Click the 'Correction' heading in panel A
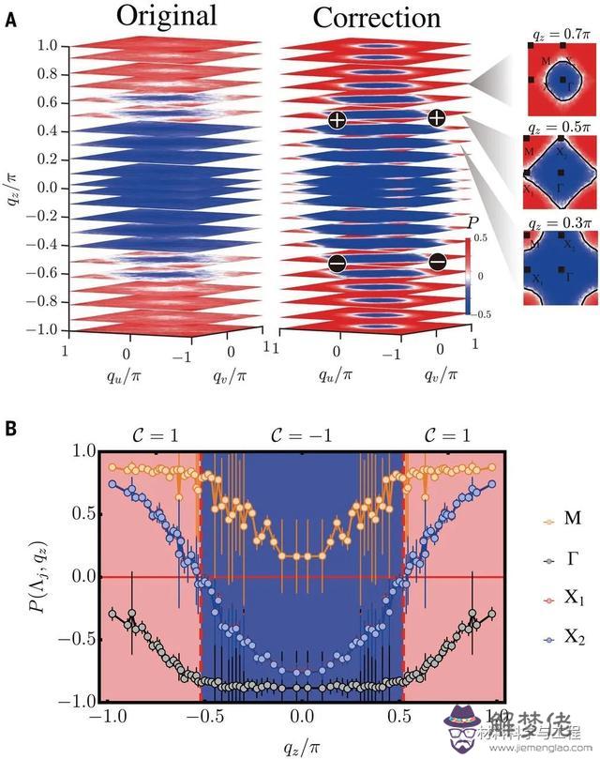click(376, 18)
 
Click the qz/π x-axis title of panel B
click(301, 741)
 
